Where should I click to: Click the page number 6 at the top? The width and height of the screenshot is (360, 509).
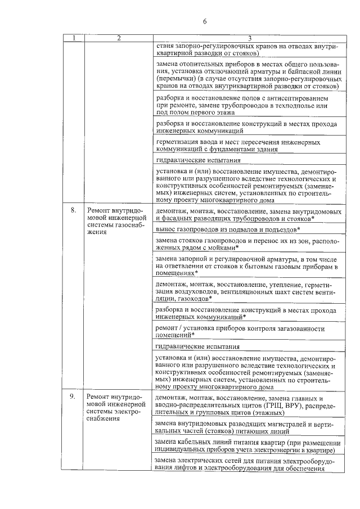click(205, 21)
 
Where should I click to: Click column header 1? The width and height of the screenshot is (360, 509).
click(73, 38)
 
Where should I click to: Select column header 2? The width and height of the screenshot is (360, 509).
click(119, 38)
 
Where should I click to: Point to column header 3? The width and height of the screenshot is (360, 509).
click(246, 38)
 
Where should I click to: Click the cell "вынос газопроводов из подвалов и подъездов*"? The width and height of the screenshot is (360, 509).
click(228, 229)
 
